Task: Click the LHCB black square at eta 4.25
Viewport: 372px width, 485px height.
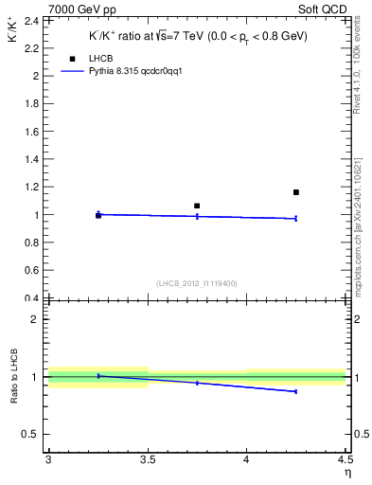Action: point(296,192)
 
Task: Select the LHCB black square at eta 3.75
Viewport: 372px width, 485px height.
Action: point(197,206)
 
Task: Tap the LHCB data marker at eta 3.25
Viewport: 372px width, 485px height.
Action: point(97,216)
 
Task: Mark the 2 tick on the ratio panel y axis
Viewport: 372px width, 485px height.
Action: point(39,319)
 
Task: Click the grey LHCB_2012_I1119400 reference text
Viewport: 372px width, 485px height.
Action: point(197,283)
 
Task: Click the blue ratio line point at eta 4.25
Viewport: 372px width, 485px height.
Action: point(296,391)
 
